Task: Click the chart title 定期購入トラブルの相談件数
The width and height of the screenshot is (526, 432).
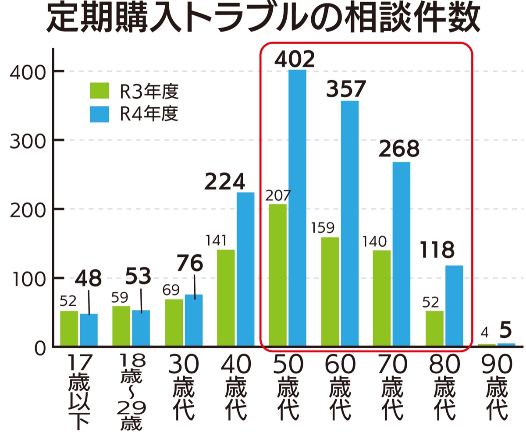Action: pyautogui.click(x=263, y=20)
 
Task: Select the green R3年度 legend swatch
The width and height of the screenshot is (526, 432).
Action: pyautogui.click(x=100, y=91)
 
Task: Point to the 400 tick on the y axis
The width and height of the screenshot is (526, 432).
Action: pyautogui.click(x=27, y=71)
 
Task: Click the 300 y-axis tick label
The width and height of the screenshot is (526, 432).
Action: pyautogui.click(x=27, y=140)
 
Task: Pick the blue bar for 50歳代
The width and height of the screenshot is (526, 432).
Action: pyautogui.click(x=297, y=208)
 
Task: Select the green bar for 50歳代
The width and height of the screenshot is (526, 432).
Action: pyautogui.click(x=277, y=275)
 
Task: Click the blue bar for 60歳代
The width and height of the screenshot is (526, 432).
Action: pyautogui.click(x=349, y=223)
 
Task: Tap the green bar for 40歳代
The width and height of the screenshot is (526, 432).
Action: pyautogui.click(x=226, y=298)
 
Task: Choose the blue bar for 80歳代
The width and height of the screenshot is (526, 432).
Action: pyautogui.click(x=454, y=306)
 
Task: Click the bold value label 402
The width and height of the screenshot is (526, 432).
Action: pyautogui.click(x=295, y=59)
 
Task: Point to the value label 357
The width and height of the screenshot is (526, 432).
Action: pyautogui.click(x=346, y=89)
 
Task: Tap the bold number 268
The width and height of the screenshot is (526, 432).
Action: pyautogui.click(x=399, y=150)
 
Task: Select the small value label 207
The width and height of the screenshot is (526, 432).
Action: pyautogui.click(x=278, y=196)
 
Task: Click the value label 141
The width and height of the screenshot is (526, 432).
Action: pyautogui.click(x=216, y=241)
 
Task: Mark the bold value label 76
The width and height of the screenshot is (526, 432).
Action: pyautogui.click(x=190, y=263)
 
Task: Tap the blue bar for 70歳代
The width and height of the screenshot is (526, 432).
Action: pyautogui.click(x=401, y=254)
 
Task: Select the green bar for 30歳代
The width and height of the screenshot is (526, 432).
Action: pyautogui.click(x=174, y=322)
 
